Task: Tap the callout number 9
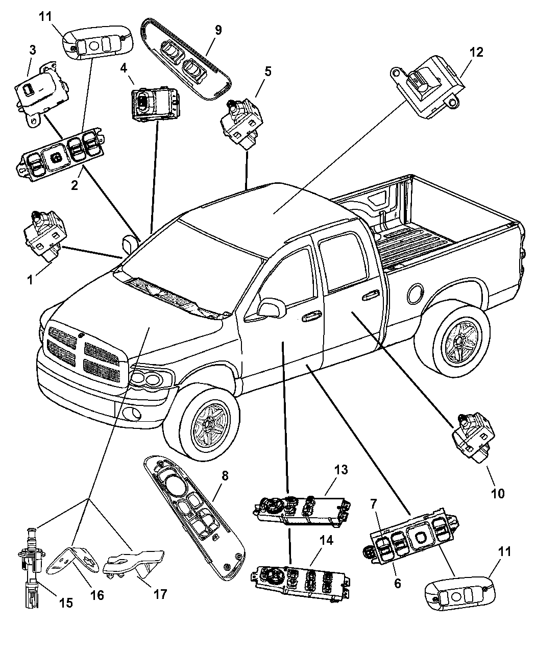click(218, 30)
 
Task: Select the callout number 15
click(66, 603)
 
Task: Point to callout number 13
click(340, 470)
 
